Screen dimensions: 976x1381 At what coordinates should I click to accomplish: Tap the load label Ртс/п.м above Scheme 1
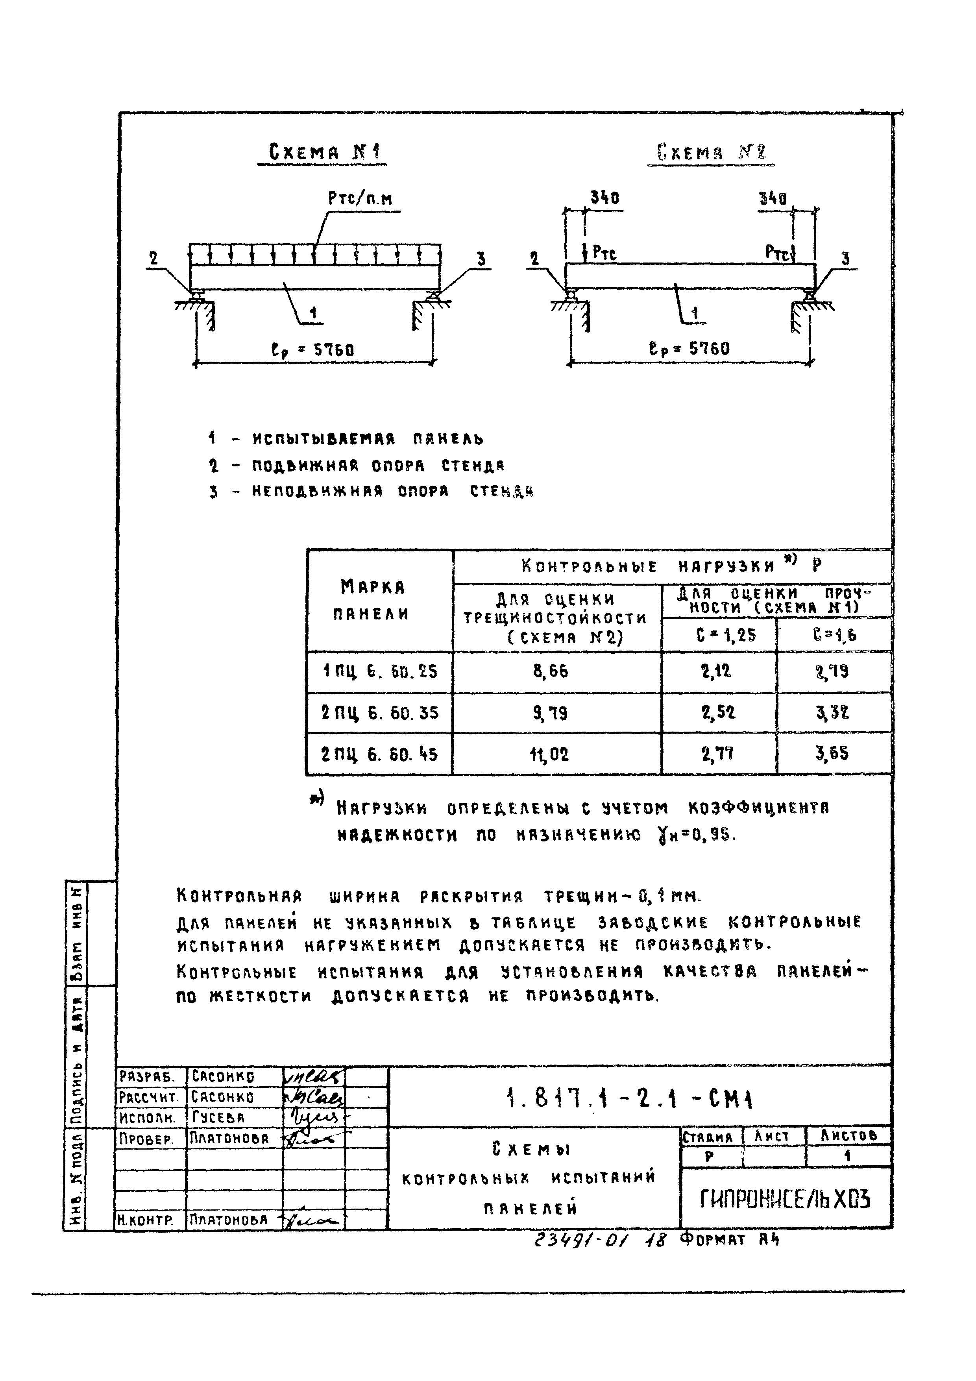[360, 198]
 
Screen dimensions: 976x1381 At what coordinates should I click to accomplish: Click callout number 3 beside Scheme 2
[845, 259]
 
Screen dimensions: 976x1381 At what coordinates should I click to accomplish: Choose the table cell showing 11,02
[550, 754]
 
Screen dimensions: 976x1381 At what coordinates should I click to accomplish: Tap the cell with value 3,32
[832, 713]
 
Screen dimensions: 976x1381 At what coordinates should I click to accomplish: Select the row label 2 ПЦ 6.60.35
[379, 713]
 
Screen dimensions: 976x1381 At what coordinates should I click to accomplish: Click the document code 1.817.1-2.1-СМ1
[628, 1098]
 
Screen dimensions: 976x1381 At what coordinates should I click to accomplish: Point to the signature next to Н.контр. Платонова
[313, 1220]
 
